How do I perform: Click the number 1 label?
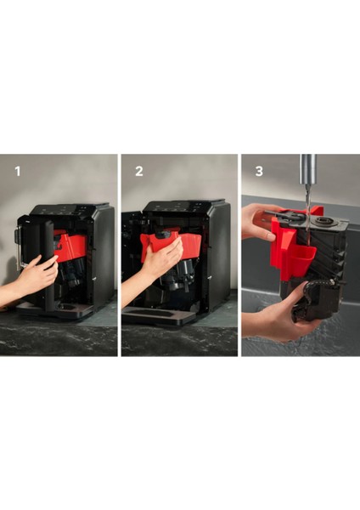(18, 172)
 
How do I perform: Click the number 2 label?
(139, 172)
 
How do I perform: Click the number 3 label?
(259, 172)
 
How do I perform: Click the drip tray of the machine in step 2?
(156, 314)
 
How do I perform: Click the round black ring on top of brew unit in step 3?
(323, 221)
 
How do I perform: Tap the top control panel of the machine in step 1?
(70, 209)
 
